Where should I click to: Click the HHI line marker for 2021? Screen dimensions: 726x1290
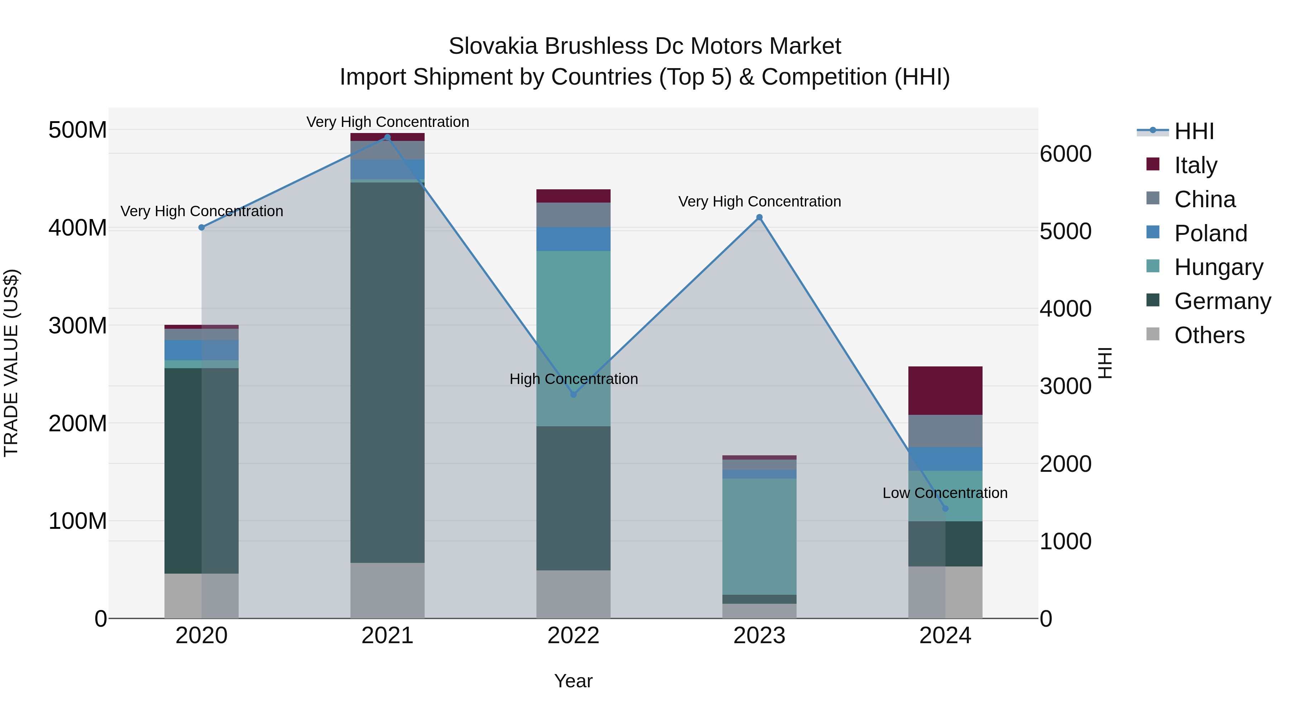[x=387, y=137]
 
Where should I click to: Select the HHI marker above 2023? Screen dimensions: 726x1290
[x=759, y=218]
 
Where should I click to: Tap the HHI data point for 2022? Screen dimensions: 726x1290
[x=573, y=395]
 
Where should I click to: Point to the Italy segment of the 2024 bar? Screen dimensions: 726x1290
[x=945, y=390]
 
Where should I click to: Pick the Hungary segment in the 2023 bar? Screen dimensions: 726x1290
[x=759, y=536]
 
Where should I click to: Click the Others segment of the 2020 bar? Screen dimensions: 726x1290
[x=201, y=596]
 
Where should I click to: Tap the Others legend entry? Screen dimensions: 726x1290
[x=1209, y=335]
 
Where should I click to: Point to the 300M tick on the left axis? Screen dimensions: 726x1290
[x=78, y=326]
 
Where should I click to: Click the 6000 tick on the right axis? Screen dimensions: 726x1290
[x=1066, y=154]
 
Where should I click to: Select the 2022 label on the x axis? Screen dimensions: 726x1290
[x=573, y=636]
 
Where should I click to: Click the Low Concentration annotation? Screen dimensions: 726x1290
[x=945, y=493]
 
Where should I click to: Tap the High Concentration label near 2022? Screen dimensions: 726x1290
[x=573, y=379]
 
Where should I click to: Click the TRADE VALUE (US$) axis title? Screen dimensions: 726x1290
[x=11, y=363]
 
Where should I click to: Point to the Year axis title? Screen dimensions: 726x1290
[x=573, y=681]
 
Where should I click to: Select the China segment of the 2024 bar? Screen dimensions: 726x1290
[x=945, y=431]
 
